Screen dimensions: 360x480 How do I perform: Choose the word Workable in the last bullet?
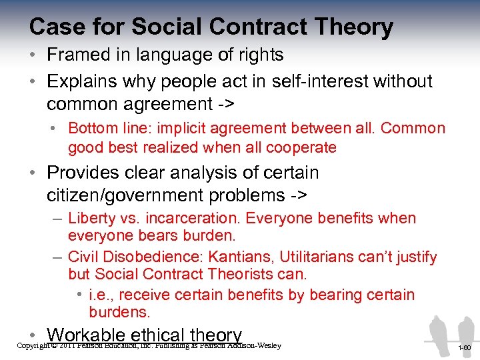87,335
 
